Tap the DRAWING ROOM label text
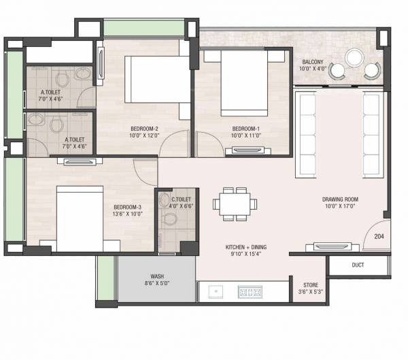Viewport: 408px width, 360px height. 340,199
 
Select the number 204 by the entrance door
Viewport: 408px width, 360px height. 379,235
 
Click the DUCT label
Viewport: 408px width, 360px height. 360,265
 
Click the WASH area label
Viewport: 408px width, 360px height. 156,277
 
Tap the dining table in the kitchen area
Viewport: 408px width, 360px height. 231,203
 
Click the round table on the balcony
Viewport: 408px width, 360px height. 355,57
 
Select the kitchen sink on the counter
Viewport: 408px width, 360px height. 216,292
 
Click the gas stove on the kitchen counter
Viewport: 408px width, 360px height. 250,292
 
